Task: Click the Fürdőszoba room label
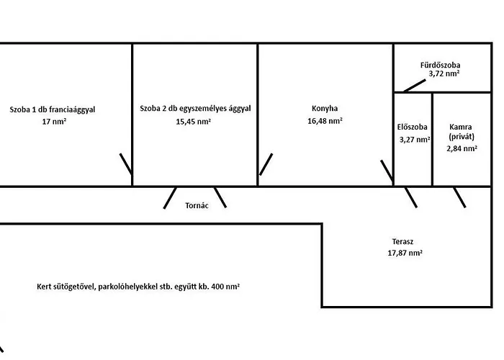[441, 65]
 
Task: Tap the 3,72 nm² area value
[444, 73]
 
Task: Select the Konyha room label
[325, 109]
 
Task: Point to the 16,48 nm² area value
[325, 122]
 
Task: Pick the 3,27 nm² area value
[415, 139]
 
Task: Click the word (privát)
[462, 136]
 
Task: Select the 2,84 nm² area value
[462, 148]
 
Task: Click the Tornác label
[197, 204]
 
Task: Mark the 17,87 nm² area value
[405, 253]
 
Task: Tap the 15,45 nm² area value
[194, 122]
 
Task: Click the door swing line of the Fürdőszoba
[414, 84]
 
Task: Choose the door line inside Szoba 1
[125, 164]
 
